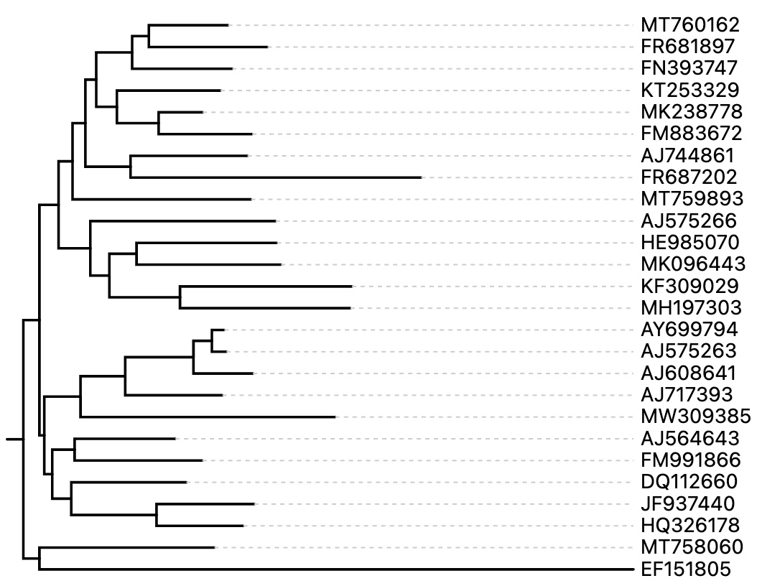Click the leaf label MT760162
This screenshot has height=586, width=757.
(689, 25)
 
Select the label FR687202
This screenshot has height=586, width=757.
(689, 177)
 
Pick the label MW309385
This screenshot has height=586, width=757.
(695, 417)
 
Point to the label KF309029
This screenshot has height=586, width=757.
(689, 287)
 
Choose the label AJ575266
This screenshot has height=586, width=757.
(689, 221)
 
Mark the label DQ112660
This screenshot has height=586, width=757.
(689, 483)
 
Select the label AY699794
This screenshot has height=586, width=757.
(689, 330)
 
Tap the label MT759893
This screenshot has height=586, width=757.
(689, 199)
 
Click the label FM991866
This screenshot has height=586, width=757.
(689, 461)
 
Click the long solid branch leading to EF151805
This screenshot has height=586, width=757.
(338, 570)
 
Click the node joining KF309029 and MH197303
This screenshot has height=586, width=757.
(180, 297)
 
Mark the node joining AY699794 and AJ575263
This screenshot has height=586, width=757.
(212, 341)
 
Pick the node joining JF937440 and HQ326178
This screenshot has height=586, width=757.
(157, 515)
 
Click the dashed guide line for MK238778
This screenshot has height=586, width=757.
(417, 112)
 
